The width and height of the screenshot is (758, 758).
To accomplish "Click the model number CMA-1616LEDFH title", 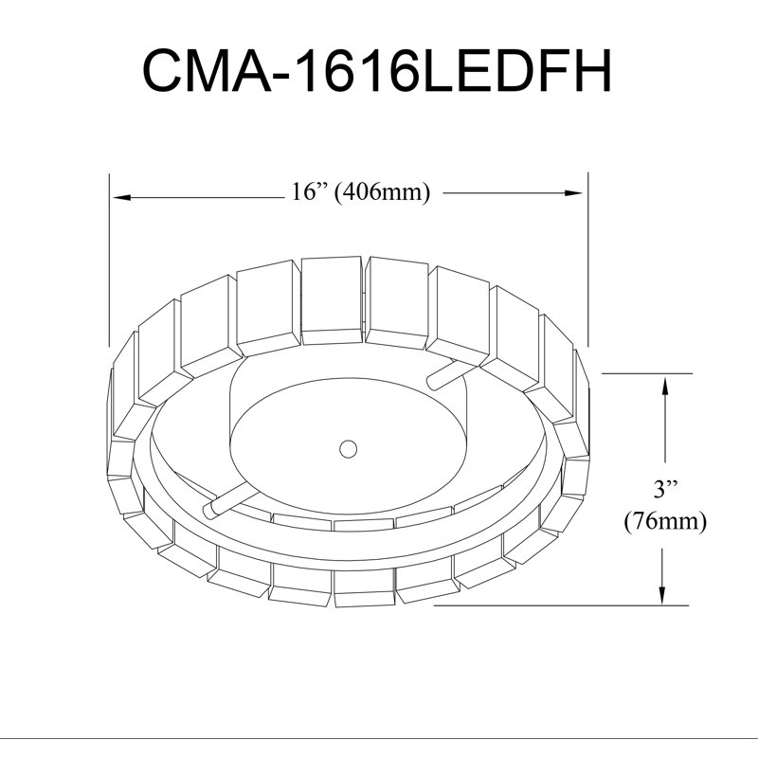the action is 377,70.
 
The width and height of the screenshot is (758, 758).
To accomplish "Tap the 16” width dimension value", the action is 310,192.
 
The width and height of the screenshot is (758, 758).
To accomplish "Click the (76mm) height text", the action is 665,522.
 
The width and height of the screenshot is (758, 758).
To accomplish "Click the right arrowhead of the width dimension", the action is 573,193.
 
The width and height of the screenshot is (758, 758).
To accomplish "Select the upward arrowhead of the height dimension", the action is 666,388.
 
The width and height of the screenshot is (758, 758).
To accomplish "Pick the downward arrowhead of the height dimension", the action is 662,595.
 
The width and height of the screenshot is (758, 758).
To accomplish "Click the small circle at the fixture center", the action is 348,448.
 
